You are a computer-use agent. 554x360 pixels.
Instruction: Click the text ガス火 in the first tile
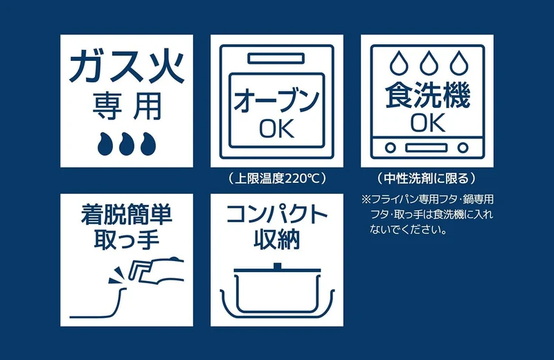(127, 66)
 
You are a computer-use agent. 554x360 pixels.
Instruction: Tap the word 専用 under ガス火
(127, 107)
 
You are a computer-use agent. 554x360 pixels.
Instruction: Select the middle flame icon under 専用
(127, 144)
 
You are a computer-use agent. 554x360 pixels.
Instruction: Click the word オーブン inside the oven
(276, 101)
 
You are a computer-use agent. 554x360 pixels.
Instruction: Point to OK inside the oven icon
(277, 128)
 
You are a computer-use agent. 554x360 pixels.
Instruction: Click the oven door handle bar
(276, 59)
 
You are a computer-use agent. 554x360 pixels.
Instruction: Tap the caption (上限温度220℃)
(276, 178)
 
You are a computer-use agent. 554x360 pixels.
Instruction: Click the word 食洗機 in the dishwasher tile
(427, 95)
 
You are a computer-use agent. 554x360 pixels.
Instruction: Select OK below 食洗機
(427, 123)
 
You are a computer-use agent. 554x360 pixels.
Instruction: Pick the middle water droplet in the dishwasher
(429, 63)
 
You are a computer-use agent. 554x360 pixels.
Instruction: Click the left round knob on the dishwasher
(390, 147)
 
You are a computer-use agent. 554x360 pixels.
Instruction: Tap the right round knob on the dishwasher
(463, 147)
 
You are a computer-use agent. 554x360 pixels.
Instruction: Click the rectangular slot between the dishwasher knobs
(427, 147)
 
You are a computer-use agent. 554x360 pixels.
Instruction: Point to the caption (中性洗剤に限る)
(427, 178)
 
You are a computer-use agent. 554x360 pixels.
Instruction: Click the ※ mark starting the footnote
(366, 199)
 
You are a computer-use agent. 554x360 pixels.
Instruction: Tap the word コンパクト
(277, 214)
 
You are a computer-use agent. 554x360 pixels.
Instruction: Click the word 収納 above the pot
(277, 239)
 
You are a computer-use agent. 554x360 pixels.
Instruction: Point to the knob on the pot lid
(278, 266)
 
